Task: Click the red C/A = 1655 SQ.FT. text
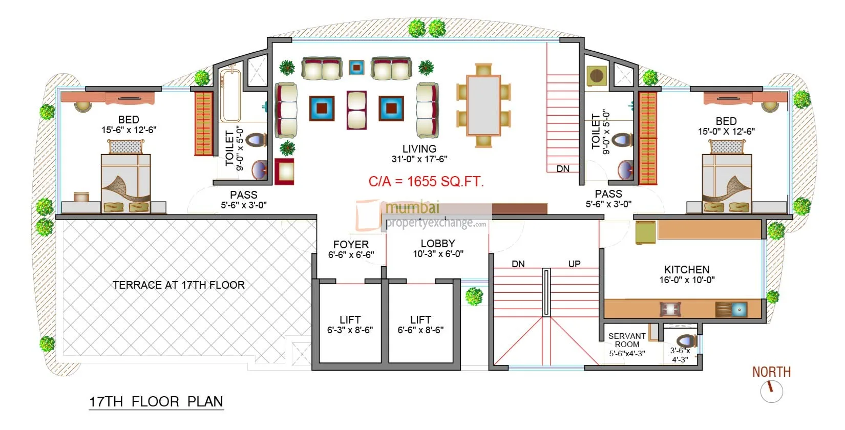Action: point(426,182)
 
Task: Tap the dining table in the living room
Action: point(483,105)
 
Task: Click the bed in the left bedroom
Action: point(126,182)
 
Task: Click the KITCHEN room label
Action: point(686,270)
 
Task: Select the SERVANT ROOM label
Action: point(627,340)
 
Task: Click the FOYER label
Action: point(351,245)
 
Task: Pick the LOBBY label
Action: point(438,244)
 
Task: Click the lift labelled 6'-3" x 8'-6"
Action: point(350,325)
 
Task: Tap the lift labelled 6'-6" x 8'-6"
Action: point(420,325)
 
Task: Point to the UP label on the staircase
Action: point(574,264)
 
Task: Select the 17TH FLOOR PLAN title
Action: point(156,402)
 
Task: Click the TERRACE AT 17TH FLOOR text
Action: point(179,285)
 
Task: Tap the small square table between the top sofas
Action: point(356,67)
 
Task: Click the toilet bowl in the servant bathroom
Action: point(685,341)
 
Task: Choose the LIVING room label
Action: point(419,149)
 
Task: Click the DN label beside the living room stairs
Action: point(563,169)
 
